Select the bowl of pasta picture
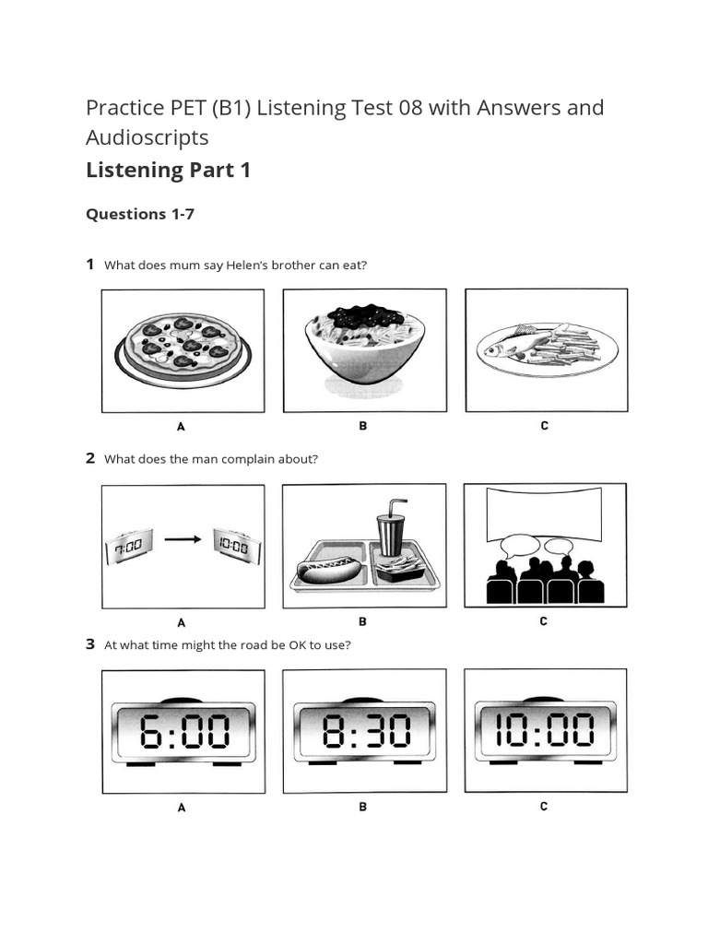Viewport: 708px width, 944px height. coord(364,347)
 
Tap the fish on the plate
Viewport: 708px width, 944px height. coord(513,347)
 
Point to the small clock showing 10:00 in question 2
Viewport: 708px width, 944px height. coord(236,546)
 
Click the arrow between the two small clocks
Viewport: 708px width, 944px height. coord(183,541)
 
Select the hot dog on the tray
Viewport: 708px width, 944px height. coord(329,570)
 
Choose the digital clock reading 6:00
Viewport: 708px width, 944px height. coord(182,734)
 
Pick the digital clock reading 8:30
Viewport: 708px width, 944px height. coord(364,734)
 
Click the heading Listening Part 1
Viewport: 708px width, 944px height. coord(168,170)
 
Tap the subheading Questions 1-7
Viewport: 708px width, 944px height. coord(140,214)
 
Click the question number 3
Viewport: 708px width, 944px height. coord(90,644)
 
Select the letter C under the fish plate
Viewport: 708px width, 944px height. coord(545,426)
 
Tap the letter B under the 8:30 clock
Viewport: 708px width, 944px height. coord(363,807)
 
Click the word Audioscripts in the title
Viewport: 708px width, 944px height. coord(147,137)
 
